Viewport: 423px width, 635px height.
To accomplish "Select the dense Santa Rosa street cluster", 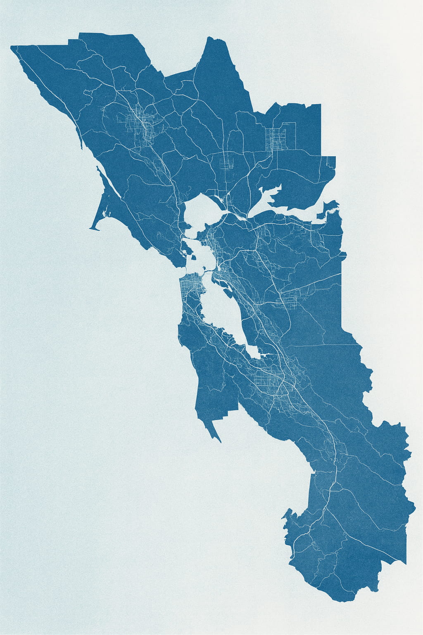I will tap(143, 124).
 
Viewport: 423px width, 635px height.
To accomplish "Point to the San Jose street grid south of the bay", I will tap(269, 380).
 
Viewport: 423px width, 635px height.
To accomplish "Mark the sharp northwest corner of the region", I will tap(11, 46).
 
